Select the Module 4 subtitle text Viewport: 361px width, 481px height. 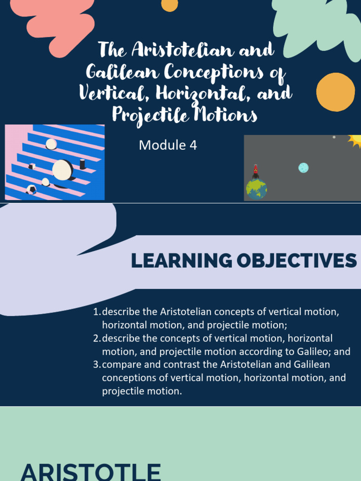click(168, 145)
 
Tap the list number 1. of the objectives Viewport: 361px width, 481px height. click(97, 312)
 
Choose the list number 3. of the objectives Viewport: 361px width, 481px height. click(97, 365)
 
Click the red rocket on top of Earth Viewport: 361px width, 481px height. click(256, 171)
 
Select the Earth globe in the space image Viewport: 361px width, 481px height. click(256, 189)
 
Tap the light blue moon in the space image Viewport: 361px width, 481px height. click(304, 168)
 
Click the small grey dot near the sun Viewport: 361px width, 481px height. click(334, 137)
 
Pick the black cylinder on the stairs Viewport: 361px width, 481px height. click(82, 164)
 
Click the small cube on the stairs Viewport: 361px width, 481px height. click(32, 166)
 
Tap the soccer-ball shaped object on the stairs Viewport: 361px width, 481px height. click(31, 189)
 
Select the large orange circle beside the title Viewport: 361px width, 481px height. click(335, 92)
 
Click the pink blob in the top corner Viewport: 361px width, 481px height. click(52, 21)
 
